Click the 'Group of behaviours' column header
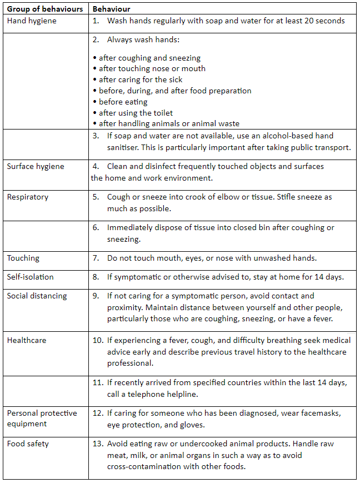click(x=45, y=9)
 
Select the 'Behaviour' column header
click(x=112, y=9)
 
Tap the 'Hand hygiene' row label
click(x=32, y=21)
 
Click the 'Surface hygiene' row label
click(x=36, y=166)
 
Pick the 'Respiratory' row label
click(x=28, y=197)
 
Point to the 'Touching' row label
click(x=23, y=258)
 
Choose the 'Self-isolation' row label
click(x=31, y=277)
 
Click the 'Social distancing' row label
click(x=37, y=296)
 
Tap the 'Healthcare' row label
click(x=27, y=340)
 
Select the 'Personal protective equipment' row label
click(x=42, y=419)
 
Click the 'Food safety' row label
click(x=28, y=444)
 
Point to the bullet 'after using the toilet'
click(x=135, y=113)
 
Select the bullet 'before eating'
click(x=123, y=102)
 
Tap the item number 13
click(x=98, y=444)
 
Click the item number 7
click(x=96, y=258)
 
